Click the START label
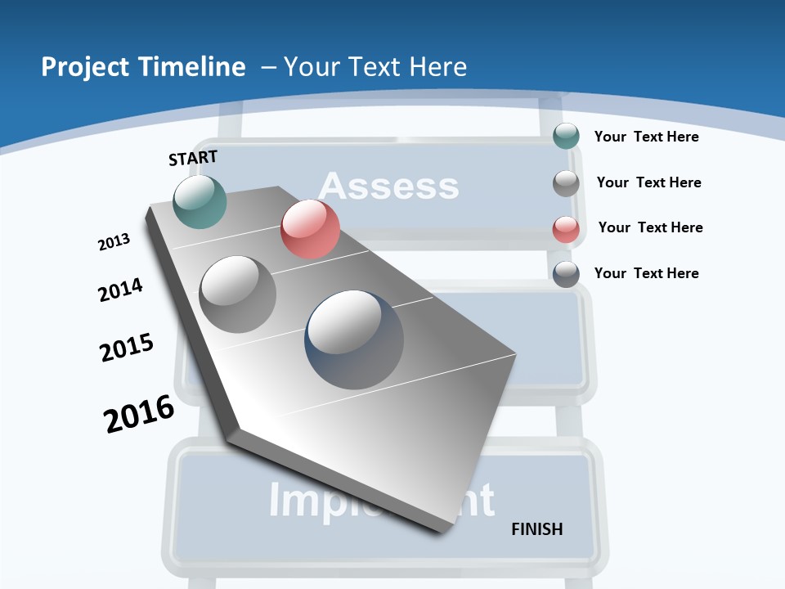193,158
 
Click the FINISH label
536,529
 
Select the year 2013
114,242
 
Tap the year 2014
120,290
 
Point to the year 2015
127,348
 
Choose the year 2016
139,414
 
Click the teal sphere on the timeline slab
200,201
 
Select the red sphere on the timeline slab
310,229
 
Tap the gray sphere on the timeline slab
238,294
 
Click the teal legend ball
566,136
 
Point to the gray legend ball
566,183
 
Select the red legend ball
566,229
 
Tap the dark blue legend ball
566,274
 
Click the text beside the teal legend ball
646,137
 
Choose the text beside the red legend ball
650,227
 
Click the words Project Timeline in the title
143,67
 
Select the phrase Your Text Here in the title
375,67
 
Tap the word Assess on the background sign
388,187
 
